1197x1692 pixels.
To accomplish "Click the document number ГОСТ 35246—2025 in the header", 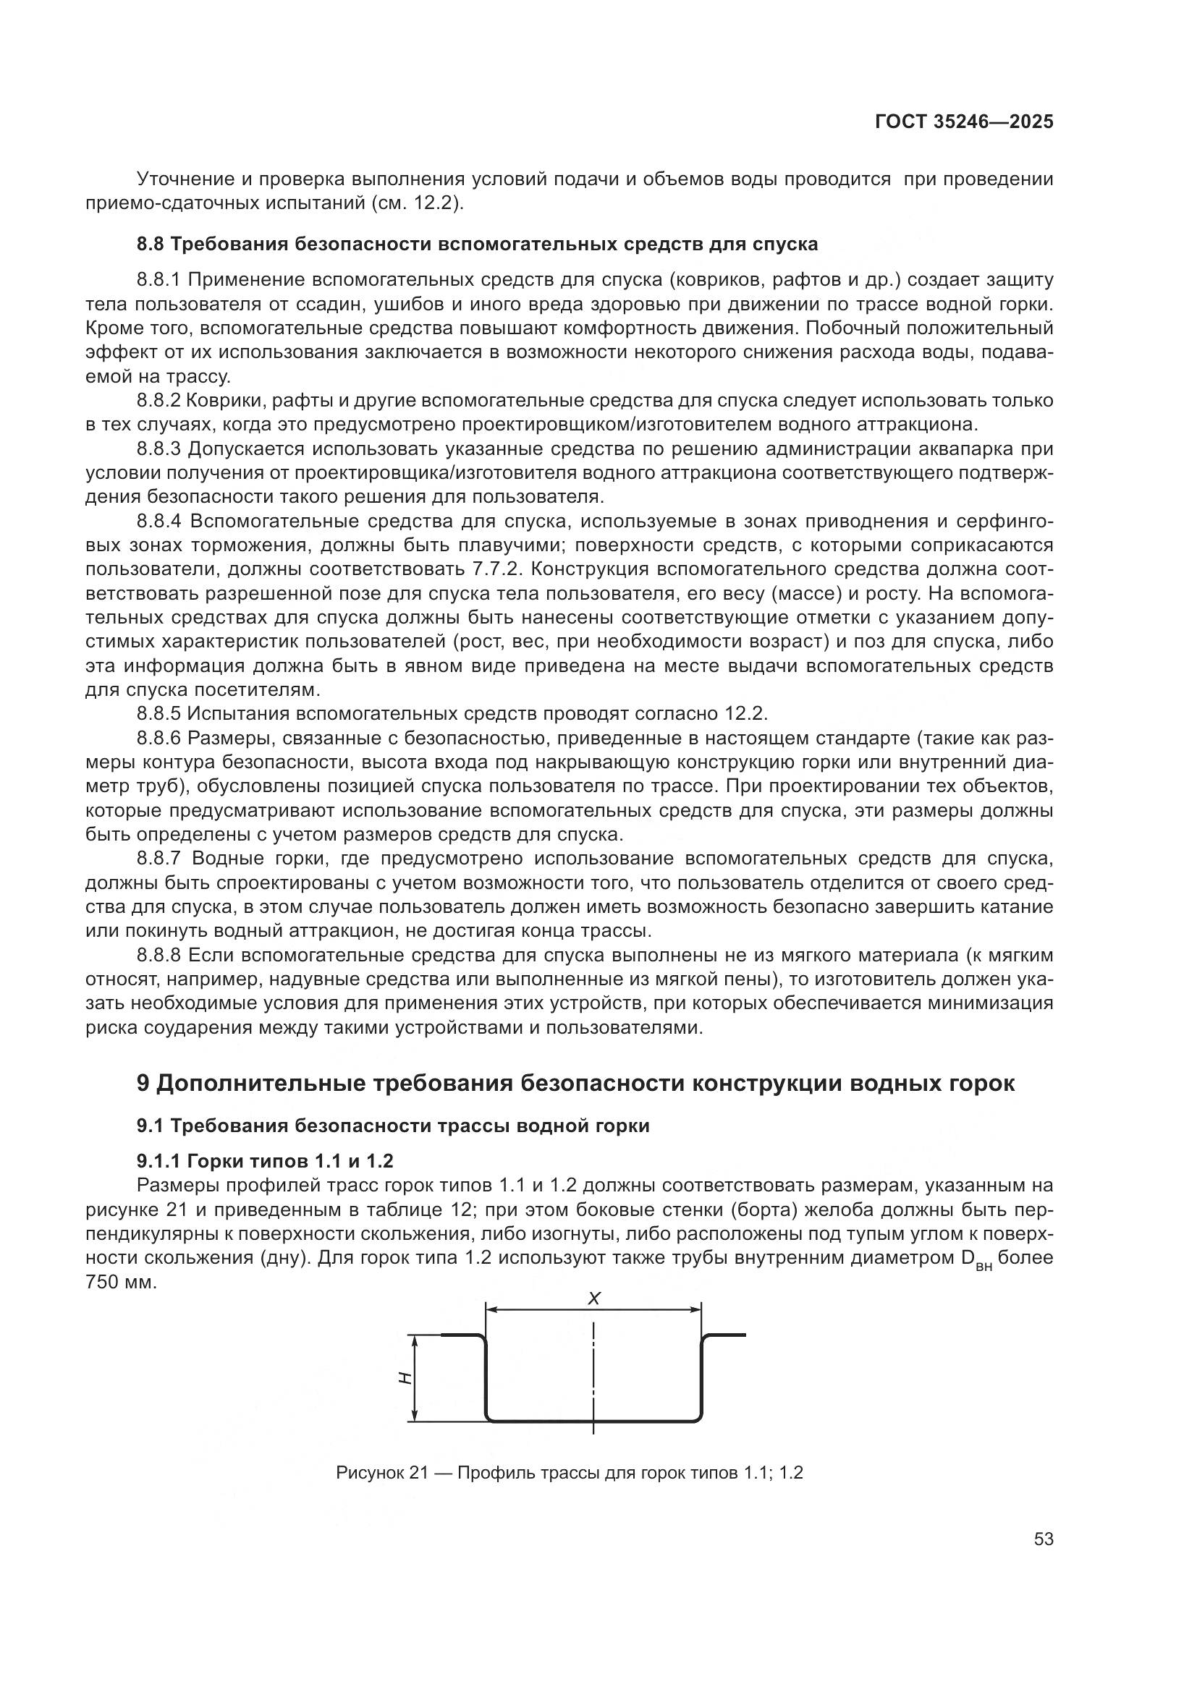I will click(x=963, y=122).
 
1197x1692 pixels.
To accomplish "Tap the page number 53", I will click(x=1043, y=1539).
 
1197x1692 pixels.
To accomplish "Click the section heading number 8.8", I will click(x=152, y=245).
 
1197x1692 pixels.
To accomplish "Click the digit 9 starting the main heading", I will click(x=144, y=1084).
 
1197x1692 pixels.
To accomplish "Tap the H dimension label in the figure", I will click(x=404, y=1378).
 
